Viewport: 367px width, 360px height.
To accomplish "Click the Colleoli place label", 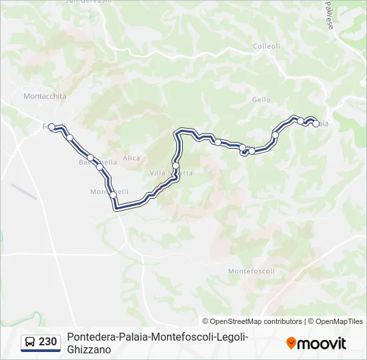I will [x=266, y=46].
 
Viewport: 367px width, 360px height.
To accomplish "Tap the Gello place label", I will [x=262, y=100].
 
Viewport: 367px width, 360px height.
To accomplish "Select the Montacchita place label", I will [x=45, y=96].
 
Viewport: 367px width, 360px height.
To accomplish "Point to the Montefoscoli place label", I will [x=251, y=271].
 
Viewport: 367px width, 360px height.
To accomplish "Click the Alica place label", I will [x=131, y=158].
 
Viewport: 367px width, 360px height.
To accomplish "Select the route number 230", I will [x=48, y=342].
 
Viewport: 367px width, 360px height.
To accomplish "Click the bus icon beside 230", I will [x=30, y=343].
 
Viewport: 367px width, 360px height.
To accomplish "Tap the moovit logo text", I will [x=322, y=344].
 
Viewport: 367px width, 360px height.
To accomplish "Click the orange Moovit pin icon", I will [x=291, y=343].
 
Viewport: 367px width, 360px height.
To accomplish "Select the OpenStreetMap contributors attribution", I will [x=256, y=321].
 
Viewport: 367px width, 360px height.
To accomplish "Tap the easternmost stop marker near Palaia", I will [x=316, y=123].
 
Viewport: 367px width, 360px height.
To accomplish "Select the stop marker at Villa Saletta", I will [x=175, y=165].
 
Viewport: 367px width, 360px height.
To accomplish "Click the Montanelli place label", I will [x=109, y=192].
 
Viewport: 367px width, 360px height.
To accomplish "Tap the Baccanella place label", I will [x=98, y=162].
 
